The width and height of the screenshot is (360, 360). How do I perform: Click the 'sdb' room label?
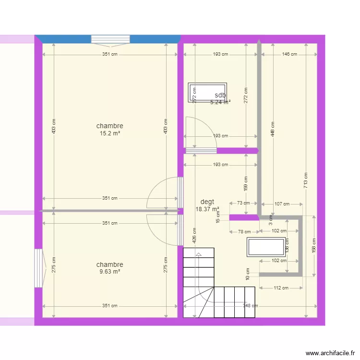point(220,95)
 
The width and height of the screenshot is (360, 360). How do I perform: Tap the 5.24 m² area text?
point(220,102)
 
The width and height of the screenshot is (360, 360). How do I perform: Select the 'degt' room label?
point(207,202)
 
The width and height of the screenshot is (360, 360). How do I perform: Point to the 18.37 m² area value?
point(207,209)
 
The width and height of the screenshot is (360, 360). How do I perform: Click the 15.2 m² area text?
point(109,133)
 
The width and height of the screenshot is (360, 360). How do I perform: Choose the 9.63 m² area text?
point(109,271)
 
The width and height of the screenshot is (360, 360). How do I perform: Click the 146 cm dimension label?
point(289,54)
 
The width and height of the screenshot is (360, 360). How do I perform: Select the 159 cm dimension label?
point(245,181)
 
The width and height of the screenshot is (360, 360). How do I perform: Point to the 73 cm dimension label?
point(244,203)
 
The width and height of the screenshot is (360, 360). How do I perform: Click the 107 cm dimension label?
point(282,204)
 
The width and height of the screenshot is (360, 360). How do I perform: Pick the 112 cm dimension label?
point(281,288)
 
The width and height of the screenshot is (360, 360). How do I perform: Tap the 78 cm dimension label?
point(244,231)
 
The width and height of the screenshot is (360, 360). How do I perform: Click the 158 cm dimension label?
point(313,246)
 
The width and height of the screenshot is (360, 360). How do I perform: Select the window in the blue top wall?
point(110,39)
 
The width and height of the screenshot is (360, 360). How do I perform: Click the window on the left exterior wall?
point(38,268)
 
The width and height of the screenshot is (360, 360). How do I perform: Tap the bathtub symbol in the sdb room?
point(207,92)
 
